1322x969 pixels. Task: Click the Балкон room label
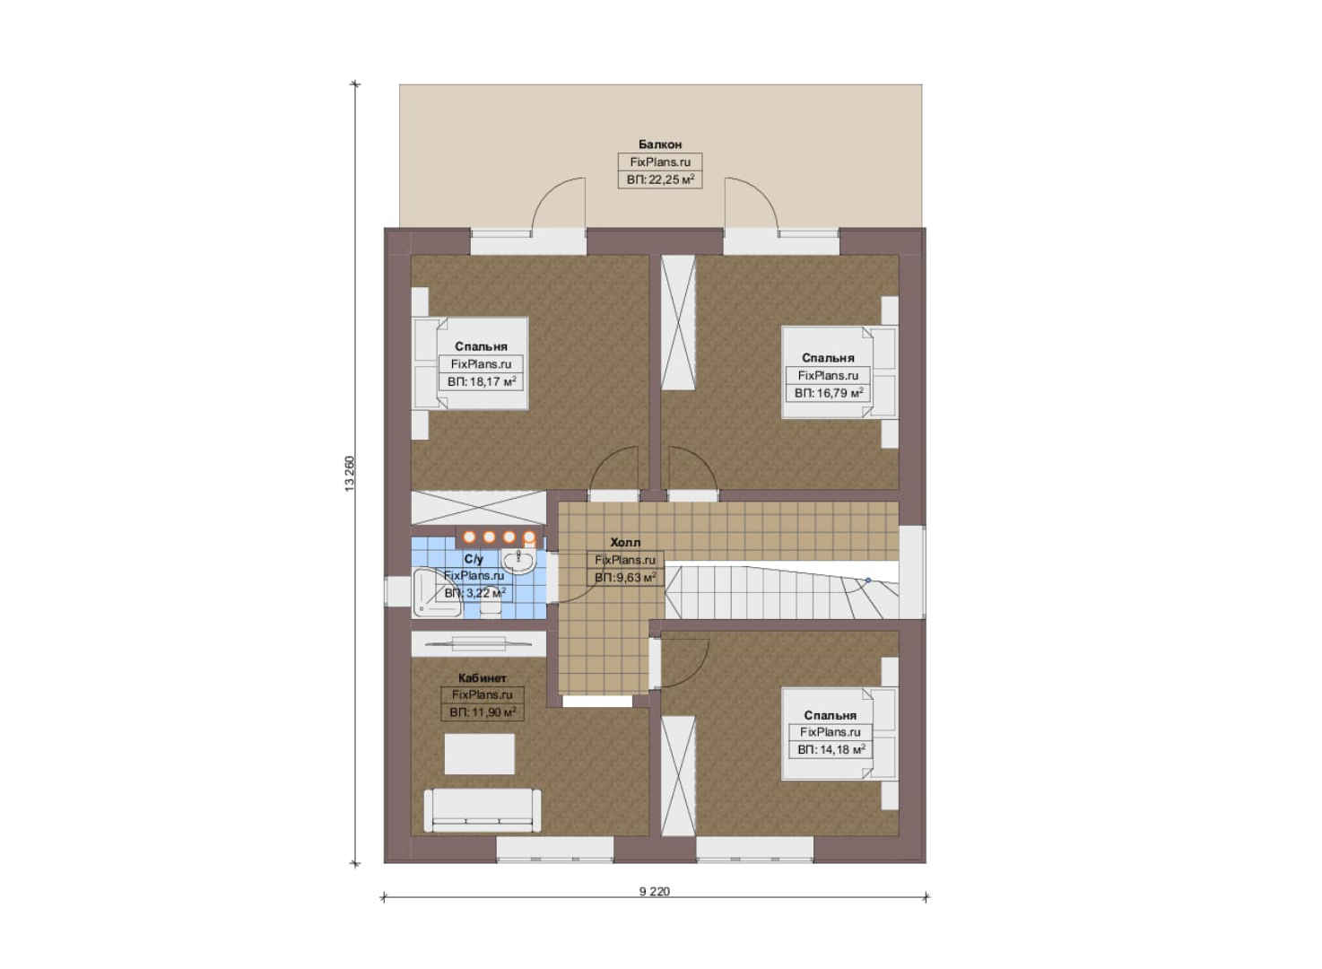(x=660, y=144)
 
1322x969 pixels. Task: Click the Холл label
(x=625, y=542)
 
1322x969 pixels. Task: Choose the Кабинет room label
(x=483, y=678)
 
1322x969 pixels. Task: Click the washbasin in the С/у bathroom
(x=518, y=561)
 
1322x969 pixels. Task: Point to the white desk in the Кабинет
(x=479, y=754)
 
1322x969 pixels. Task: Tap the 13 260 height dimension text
(x=350, y=474)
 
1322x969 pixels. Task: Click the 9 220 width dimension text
(x=655, y=891)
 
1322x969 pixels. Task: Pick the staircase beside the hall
(x=782, y=592)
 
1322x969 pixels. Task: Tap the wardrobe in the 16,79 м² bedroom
(x=678, y=322)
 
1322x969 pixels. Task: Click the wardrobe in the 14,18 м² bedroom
(x=678, y=776)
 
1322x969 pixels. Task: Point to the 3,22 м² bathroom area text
(x=474, y=592)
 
